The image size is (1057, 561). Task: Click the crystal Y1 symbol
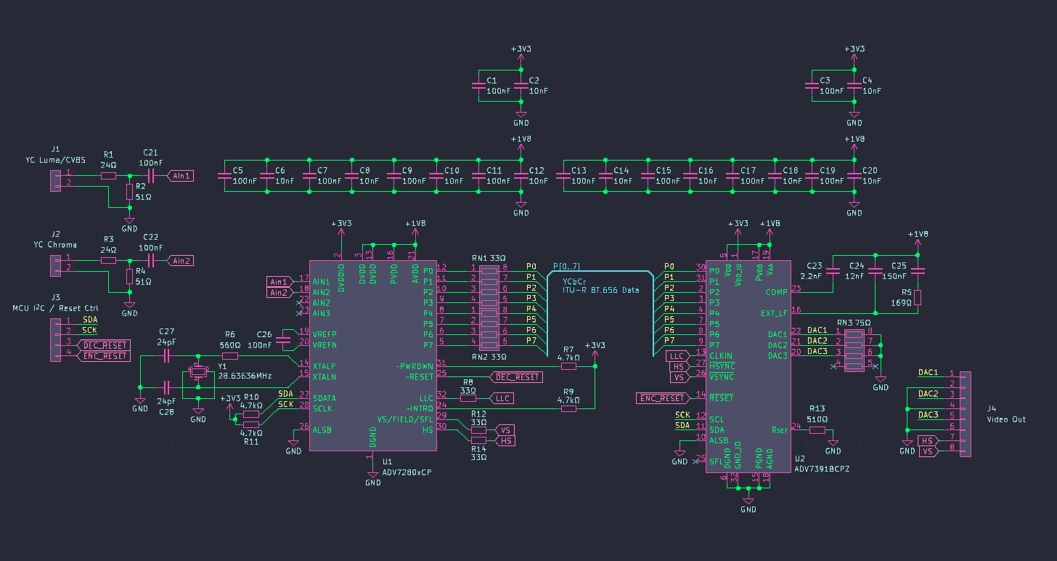click(x=198, y=371)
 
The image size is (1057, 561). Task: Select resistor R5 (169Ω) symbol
click(x=918, y=297)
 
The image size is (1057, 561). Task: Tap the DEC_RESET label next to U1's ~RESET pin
click(x=517, y=377)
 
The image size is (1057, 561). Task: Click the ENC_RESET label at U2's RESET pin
click(x=662, y=398)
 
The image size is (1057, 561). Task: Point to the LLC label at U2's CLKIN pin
click(x=677, y=356)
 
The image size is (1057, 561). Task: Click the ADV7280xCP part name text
click(x=407, y=472)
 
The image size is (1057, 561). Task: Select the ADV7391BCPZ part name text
click(x=822, y=469)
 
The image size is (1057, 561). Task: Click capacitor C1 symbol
click(x=478, y=86)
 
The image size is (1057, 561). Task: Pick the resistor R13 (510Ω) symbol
click(x=817, y=430)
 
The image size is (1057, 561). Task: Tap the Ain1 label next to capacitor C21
click(x=180, y=176)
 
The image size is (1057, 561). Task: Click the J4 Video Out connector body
click(x=965, y=414)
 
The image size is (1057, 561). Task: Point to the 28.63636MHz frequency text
click(x=245, y=376)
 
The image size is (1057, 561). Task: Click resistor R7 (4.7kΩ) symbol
click(x=568, y=366)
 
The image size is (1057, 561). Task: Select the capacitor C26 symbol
click(x=283, y=339)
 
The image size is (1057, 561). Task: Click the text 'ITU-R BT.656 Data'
click(x=600, y=291)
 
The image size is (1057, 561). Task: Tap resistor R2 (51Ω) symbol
click(x=129, y=192)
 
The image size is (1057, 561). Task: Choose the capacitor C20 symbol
click(x=854, y=176)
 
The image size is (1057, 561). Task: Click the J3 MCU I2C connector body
click(x=56, y=340)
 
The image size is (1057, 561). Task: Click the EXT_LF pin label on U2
click(x=774, y=313)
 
